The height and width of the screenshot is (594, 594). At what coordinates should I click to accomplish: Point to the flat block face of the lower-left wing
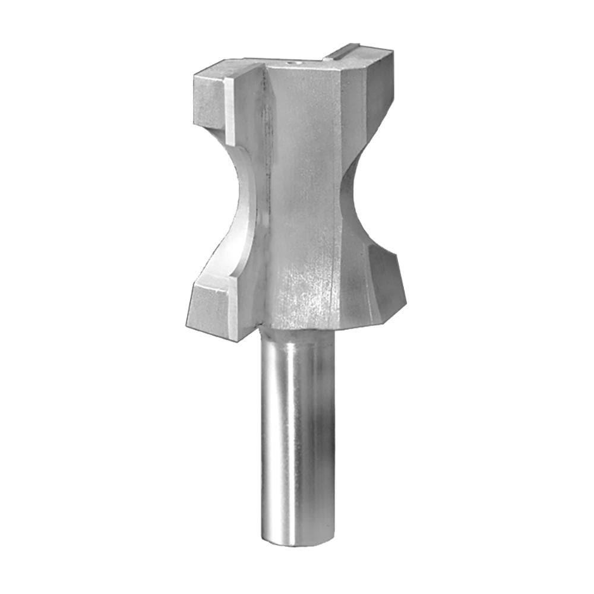(x=209, y=309)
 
